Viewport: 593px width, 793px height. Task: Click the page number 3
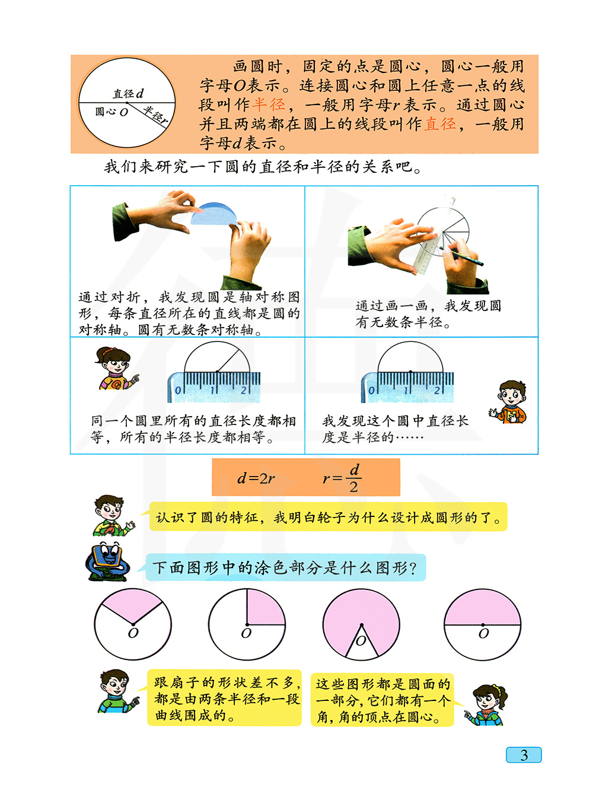click(x=524, y=754)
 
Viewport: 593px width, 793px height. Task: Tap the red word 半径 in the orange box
click(x=268, y=104)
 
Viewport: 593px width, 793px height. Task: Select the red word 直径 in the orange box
click(x=439, y=124)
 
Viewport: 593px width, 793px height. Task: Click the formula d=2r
click(x=256, y=478)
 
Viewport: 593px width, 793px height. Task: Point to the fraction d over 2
click(x=353, y=478)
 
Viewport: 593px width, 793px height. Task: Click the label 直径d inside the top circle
click(x=129, y=94)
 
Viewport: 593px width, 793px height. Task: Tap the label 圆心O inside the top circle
click(x=111, y=112)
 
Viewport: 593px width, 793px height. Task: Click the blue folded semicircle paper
click(x=213, y=214)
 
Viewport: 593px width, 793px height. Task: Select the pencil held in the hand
click(x=461, y=256)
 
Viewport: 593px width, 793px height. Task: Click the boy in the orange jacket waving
click(x=509, y=401)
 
